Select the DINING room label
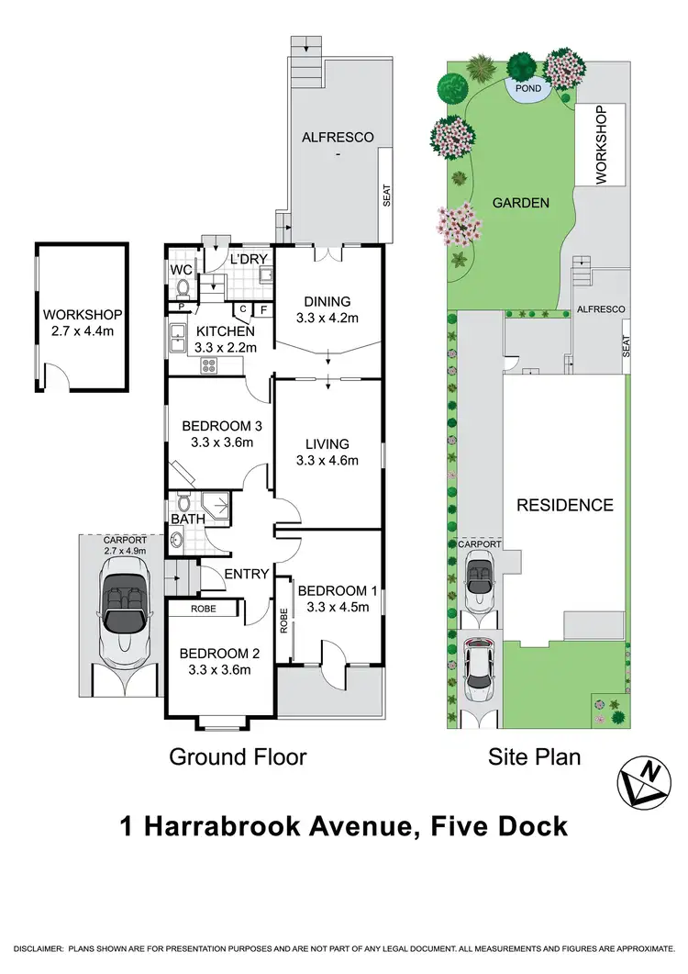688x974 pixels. coord(327,302)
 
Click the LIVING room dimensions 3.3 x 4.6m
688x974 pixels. coord(327,461)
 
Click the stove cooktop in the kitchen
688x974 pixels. coord(208,364)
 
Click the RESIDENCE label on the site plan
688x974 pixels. coord(564,505)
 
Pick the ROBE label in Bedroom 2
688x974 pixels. coord(203,609)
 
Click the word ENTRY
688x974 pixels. coord(247,575)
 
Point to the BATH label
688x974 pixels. coord(186,521)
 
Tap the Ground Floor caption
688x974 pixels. coord(237,757)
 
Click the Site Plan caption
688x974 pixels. coord(535,757)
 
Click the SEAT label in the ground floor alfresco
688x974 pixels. coord(386,195)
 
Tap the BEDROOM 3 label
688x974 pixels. coord(216,426)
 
